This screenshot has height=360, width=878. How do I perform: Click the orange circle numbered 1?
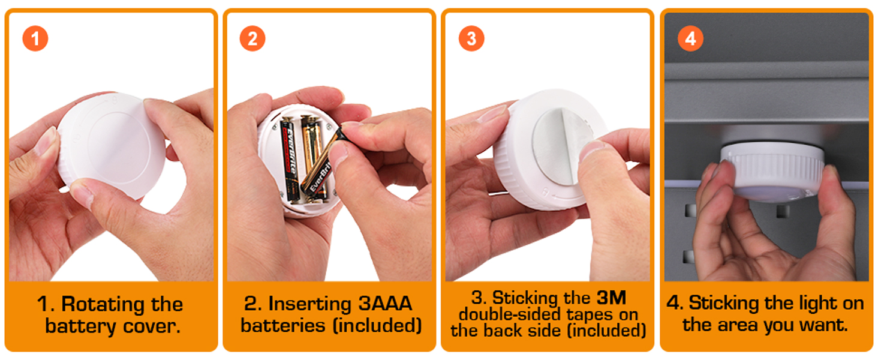[x=35, y=38]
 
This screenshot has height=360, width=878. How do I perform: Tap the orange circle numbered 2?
[x=252, y=38]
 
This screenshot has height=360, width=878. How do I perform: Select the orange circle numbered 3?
[x=471, y=38]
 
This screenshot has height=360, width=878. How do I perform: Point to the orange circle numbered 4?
[x=691, y=38]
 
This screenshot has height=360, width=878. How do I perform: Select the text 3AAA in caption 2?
[x=385, y=303]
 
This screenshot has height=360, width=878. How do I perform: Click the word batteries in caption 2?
[x=282, y=325]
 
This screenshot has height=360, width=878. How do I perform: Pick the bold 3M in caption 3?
[x=611, y=298]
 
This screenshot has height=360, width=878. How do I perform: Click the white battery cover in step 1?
[x=112, y=145]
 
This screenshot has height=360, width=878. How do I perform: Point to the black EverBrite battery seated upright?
[x=289, y=160]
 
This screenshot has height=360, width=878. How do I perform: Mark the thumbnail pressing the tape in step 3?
[x=591, y=149]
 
